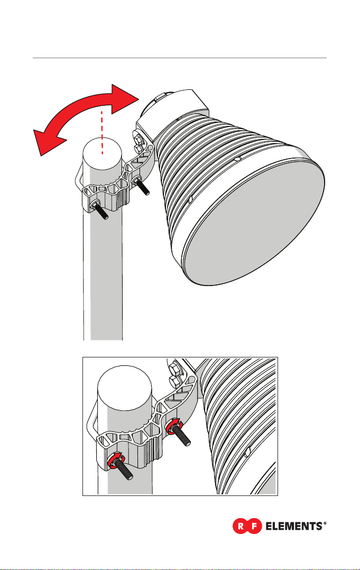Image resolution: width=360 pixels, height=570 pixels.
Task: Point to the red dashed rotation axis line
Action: coord(103,133)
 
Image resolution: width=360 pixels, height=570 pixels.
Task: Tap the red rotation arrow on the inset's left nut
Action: coord(116,461)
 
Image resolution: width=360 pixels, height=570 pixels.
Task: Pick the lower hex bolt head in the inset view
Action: coord(176,382)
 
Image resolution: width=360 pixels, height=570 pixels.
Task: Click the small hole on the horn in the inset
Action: coord(247,452)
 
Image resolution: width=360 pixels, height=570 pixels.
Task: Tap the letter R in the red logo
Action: coord(241,526)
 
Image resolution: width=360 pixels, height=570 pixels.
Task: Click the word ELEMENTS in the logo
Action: coord(294,526)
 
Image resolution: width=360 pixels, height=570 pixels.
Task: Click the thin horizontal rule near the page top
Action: coord(180,58)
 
